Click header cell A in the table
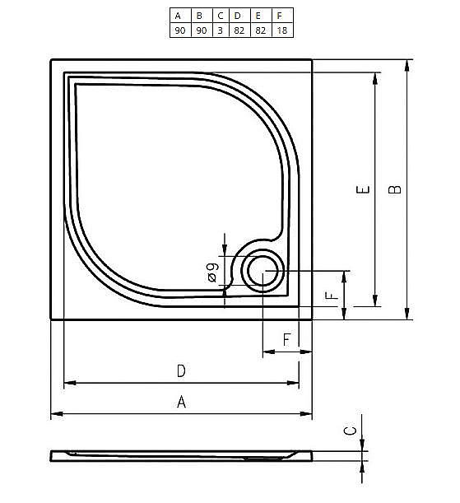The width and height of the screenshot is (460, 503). (x=178, y=16)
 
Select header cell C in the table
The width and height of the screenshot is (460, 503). (x=220, y=16)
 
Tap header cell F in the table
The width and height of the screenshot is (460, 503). (x=281, y=16)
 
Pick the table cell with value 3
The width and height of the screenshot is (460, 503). (x=220, y=30)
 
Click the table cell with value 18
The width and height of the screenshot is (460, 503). (x=281, y=30)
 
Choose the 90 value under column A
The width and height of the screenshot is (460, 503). (x=178, y=30)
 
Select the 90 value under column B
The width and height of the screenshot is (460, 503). (x=199, y=30)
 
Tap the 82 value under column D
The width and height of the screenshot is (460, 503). (x=239, y=30)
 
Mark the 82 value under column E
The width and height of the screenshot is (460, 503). (x=259, y=30)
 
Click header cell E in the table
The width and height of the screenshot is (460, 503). (x=259, y=16)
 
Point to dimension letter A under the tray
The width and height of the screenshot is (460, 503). (x=181, y=403)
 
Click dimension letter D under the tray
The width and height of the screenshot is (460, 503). (x=181, y=371)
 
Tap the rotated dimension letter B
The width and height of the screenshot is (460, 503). (x=396, y=189)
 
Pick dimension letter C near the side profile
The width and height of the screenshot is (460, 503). (x=349, y=431)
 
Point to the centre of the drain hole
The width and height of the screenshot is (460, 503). (x=263, y=269)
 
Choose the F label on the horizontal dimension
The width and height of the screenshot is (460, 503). (x=286, y=339)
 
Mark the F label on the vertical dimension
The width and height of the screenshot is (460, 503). (x=330, y=296)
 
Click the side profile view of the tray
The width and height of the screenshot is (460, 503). (x=181, y=455)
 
